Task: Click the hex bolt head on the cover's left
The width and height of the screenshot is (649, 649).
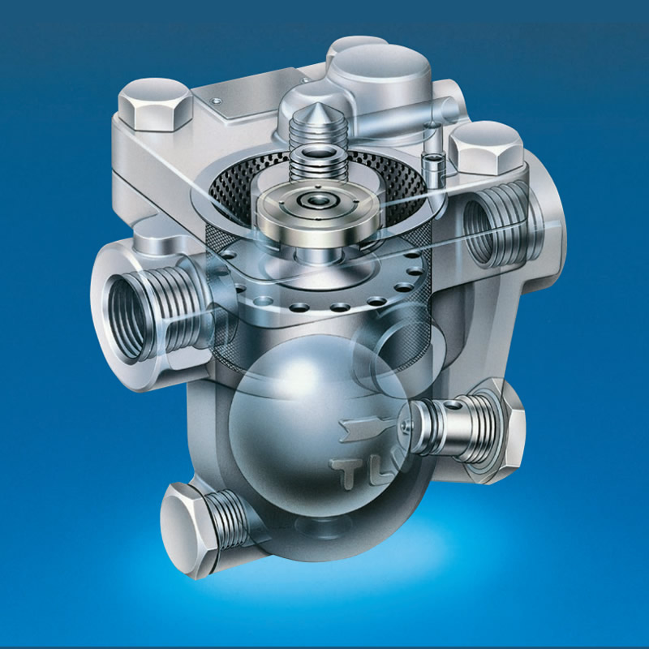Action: [154, 104]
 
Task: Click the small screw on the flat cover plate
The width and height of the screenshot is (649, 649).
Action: [217, 100]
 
